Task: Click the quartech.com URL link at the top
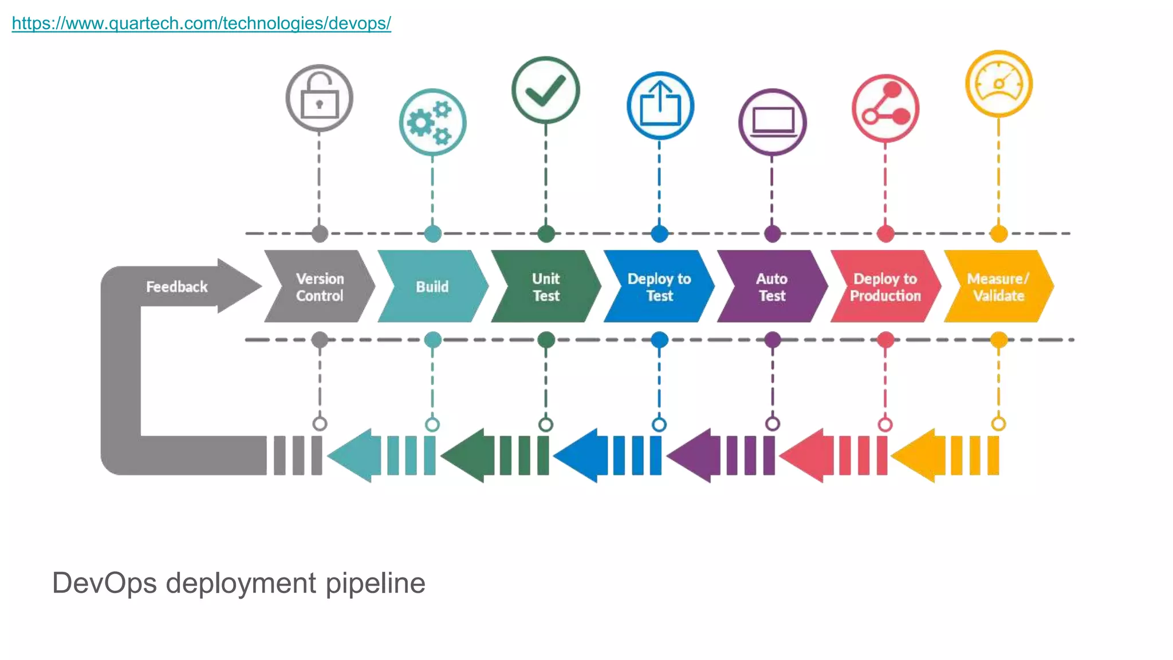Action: [201, 23]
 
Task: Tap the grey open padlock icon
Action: [319, 98]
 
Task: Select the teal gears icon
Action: [432, 122]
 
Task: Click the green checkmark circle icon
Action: [545, 90]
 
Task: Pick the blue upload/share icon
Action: [660, 105]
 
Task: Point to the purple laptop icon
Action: [772, 122]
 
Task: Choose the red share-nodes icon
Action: [885, 108]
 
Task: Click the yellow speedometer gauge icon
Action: [998, 84]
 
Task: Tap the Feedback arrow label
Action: [176, 286]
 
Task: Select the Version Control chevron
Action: [319, 286]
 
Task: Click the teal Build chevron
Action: [432, 286]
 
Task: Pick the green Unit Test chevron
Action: [545, 286]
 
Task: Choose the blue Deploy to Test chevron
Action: [659, 286]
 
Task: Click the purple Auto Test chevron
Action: [771, 286]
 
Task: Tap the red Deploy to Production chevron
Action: [885, 286]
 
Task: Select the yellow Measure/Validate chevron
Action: [998, 286]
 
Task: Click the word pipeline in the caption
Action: [375, 583]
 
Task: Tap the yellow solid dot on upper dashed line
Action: [998, 234]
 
